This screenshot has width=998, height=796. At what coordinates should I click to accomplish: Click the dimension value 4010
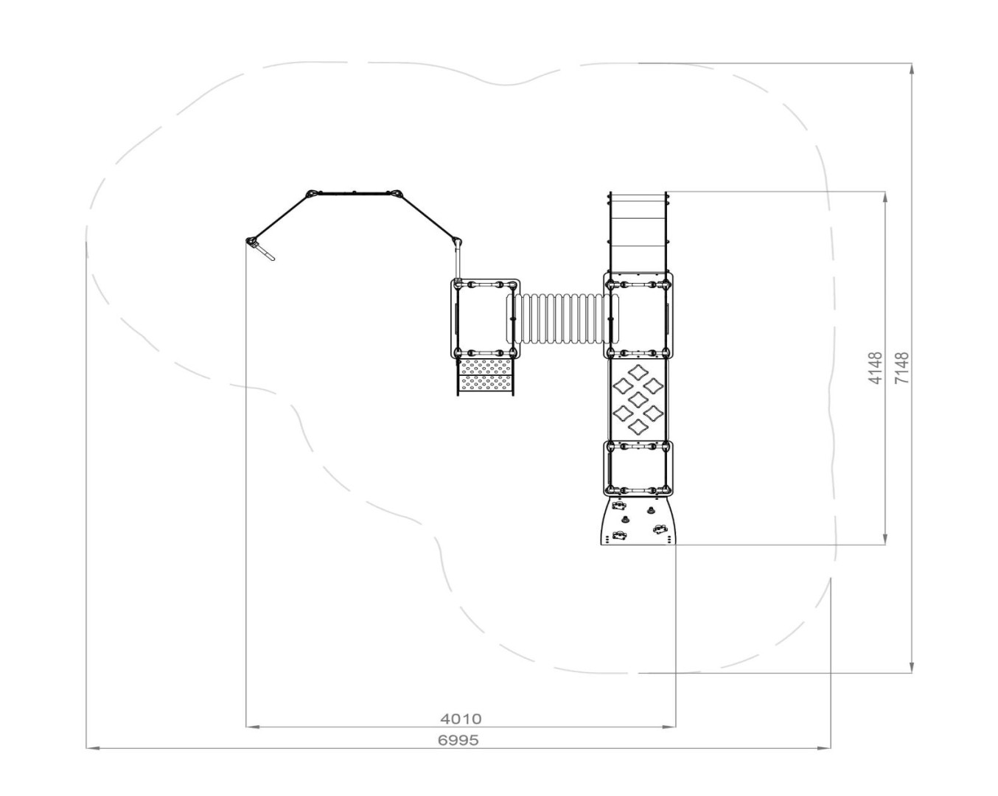[461, 719]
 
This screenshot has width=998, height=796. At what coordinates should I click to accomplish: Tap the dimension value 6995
[458, 740]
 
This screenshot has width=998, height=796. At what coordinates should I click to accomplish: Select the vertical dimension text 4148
[875, 369]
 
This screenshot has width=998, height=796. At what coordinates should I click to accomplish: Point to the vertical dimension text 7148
[902, 369]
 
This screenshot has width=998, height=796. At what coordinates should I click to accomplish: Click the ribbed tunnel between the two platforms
[562, 318]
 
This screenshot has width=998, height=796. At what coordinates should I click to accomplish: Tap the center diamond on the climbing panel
[638, 398]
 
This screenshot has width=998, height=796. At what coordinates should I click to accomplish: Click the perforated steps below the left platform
[486, 377]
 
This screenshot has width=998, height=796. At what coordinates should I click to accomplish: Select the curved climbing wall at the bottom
[638, 521]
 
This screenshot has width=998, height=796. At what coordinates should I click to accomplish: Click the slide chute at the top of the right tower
[638, 231]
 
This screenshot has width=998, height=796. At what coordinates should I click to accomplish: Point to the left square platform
[485, 318]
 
